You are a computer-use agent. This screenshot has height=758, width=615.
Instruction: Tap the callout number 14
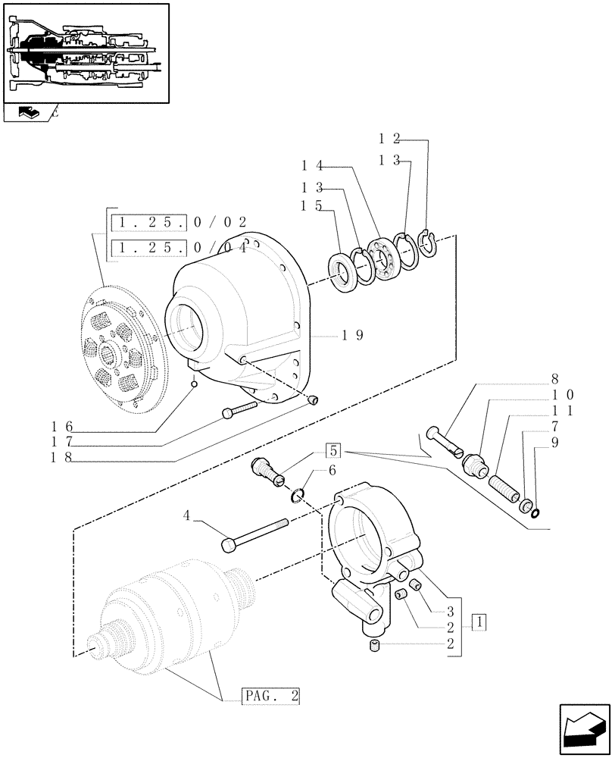pos(313,164)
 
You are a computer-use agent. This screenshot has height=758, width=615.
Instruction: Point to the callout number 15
pos(313,206)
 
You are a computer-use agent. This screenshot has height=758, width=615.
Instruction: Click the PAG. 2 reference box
pos(272,695)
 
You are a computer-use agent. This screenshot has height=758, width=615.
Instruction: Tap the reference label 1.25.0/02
pos(179,223)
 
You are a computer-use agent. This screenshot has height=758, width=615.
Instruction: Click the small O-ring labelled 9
pos(535,515)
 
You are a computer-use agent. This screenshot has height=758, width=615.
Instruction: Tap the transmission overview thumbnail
pos(85,53)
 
